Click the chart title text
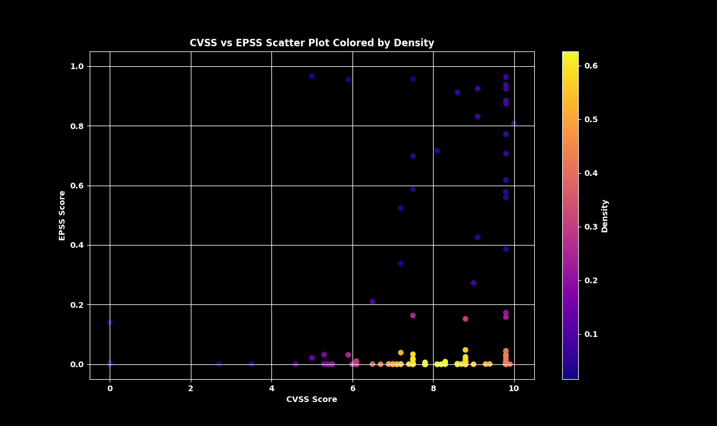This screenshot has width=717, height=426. click(312, 43)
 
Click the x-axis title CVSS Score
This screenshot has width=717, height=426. click(312, 400)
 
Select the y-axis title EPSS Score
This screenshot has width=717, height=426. click(62, 215)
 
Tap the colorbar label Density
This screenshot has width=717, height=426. click(605, 216)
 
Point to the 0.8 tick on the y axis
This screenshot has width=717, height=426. click(77, 126)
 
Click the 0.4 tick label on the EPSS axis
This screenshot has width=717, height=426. click(77, 246)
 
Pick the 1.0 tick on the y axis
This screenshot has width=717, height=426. click(77, 67)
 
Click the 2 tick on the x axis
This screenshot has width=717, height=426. click(191, 388)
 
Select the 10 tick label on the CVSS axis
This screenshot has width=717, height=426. click(514, 388)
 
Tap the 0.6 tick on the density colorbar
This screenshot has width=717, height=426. click(591, 66)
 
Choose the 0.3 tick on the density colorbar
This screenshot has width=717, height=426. click(591, 227)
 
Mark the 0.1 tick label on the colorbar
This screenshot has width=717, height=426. click(591, 334)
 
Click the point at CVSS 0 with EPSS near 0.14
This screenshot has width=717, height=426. click(110, 323)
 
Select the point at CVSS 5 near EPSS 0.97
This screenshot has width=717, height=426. click(312, 76)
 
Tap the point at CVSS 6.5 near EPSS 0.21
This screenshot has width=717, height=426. click(372, 302)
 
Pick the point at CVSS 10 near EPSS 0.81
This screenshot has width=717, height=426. click(514, 123)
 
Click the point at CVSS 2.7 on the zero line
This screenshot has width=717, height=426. click(219, 364)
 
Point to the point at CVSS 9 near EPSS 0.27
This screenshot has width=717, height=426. click(474, 283)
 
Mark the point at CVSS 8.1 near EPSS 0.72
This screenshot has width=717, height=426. click(437, 151)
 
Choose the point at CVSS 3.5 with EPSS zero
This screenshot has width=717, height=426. click(251, 364)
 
